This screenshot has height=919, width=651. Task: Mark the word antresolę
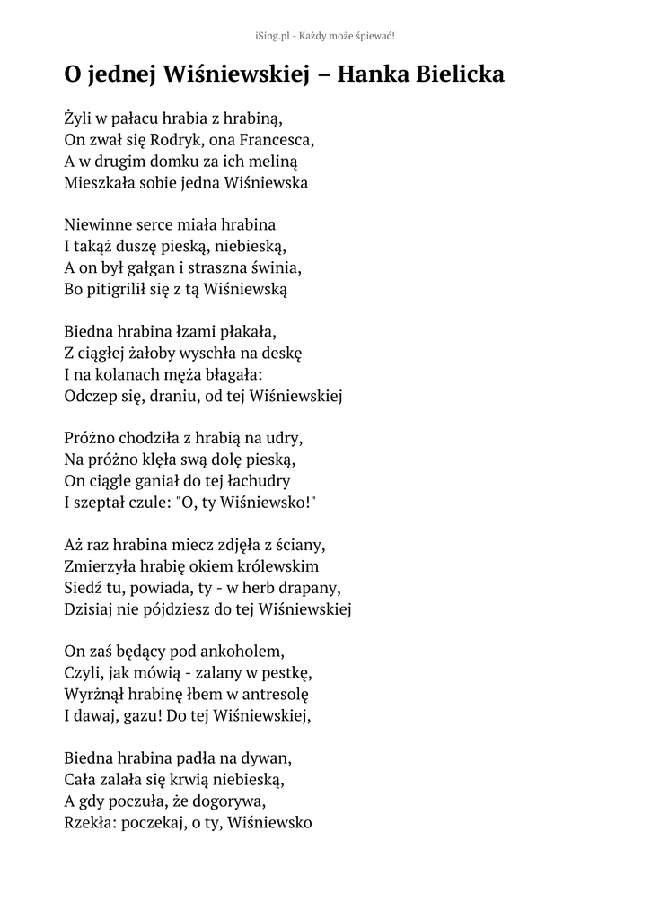coord(269,695)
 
